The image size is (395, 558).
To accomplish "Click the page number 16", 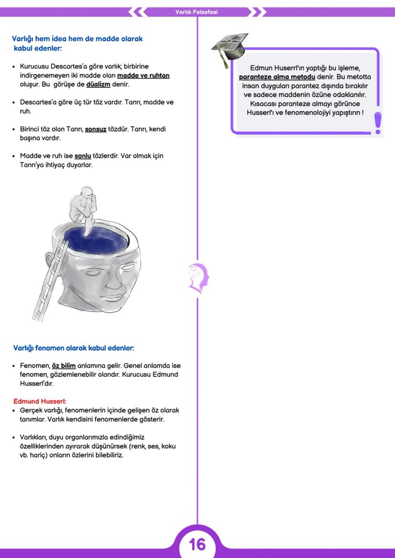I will coord(197,544).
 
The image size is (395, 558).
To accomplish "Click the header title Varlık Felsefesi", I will coord(197,12).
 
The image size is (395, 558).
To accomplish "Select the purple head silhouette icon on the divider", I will coord(197,277).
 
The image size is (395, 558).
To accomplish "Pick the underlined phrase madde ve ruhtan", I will coord(143,75).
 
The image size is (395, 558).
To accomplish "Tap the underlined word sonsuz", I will coord(95,129).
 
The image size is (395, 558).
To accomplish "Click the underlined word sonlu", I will coord(83,156).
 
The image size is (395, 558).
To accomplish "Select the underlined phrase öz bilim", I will coord(63,365).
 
